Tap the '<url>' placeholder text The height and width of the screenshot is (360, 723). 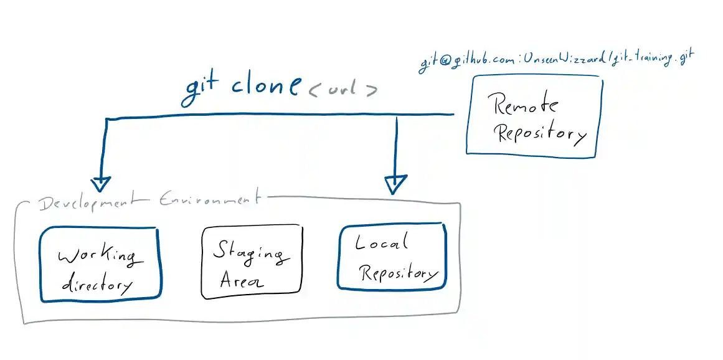pyautogui.click(x=343, y=88)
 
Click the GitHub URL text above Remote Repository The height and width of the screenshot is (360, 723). pyautogui.click(x=555, y=60)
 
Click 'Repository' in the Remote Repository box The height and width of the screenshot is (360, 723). pyautogui.click(x=540, y=133)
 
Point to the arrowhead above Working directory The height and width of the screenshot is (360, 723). pyautogui.click(x=100, y=183)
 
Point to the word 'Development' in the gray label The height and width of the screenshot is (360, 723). pyautogui.click(x=93, y=202)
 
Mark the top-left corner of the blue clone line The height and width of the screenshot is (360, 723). pyautogui.click(x=107, y=118)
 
